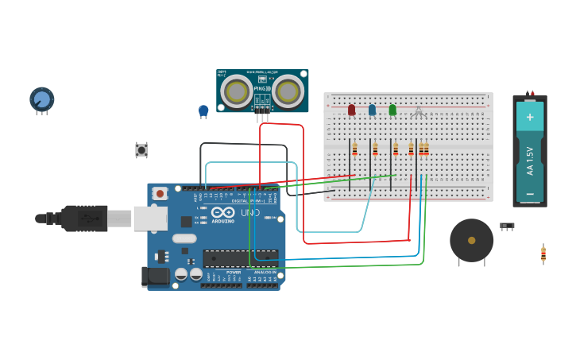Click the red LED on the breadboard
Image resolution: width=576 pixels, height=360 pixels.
351,110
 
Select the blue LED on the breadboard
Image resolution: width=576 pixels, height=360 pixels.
372,110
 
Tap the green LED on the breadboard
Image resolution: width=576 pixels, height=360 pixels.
392,110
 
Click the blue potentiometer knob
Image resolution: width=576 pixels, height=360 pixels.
41,99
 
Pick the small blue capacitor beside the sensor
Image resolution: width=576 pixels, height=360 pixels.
203,110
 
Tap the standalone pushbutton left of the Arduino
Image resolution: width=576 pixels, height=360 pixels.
141,149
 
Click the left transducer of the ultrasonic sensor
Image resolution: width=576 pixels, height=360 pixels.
237,92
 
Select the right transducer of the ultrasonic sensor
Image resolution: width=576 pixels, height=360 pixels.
288,92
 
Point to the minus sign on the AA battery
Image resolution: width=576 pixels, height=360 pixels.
530,193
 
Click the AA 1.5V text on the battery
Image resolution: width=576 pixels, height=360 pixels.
530,160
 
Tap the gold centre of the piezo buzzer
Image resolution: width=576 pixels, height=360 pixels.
471,240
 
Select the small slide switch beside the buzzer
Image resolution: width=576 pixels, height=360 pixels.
507,226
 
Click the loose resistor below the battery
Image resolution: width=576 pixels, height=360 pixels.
543,254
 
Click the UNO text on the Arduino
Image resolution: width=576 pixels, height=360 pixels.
250,213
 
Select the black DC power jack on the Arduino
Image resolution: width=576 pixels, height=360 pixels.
155,277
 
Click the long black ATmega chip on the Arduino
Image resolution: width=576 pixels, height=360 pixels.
240,257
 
